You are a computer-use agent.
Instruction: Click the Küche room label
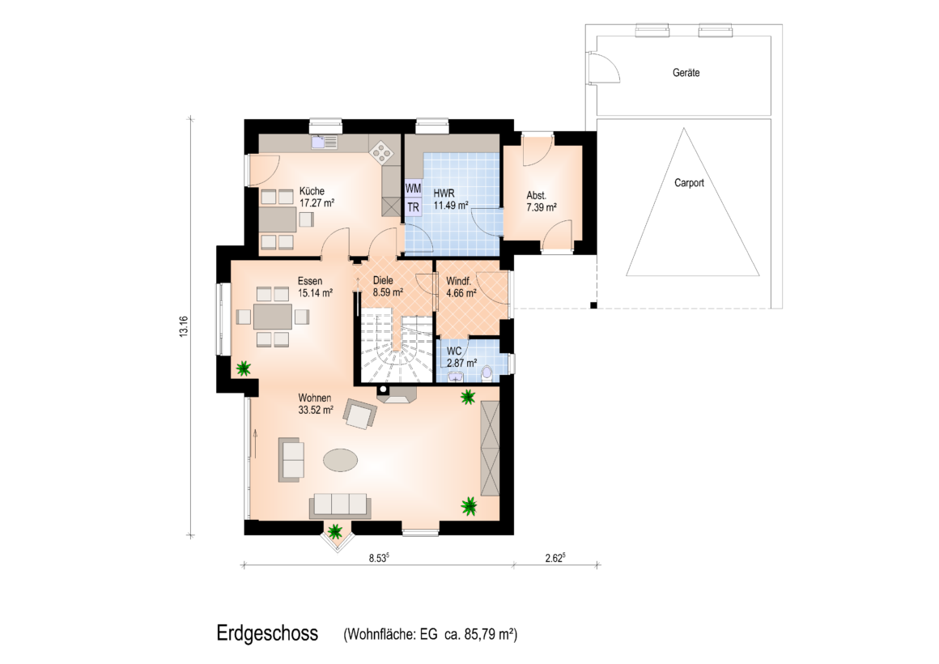coord(312,191)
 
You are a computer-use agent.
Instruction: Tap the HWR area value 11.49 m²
coord(450,206)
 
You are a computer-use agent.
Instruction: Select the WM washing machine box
coord(413,188)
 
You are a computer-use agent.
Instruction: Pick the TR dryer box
coord(413,206)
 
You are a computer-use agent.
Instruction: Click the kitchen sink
coord(324,142)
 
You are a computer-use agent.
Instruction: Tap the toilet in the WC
coord(486,372)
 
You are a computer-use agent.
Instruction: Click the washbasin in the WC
coord(455,377)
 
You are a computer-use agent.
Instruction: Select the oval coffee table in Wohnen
coord(341,461)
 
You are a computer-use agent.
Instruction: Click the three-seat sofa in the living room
coord(339,506)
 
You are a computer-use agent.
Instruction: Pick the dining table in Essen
coord(273,317)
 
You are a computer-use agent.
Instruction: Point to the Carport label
coord(689,183)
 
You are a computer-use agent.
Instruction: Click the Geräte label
coord(686,73)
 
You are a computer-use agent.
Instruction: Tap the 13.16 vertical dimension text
coord(183,326)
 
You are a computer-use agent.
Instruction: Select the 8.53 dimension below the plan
coord(379,558)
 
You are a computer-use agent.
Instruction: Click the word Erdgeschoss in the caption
coord(267,633)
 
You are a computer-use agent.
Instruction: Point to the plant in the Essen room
coord(243,368)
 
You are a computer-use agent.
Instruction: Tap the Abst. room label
coord(536,195)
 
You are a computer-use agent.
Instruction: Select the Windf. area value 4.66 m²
coord(461,294)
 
